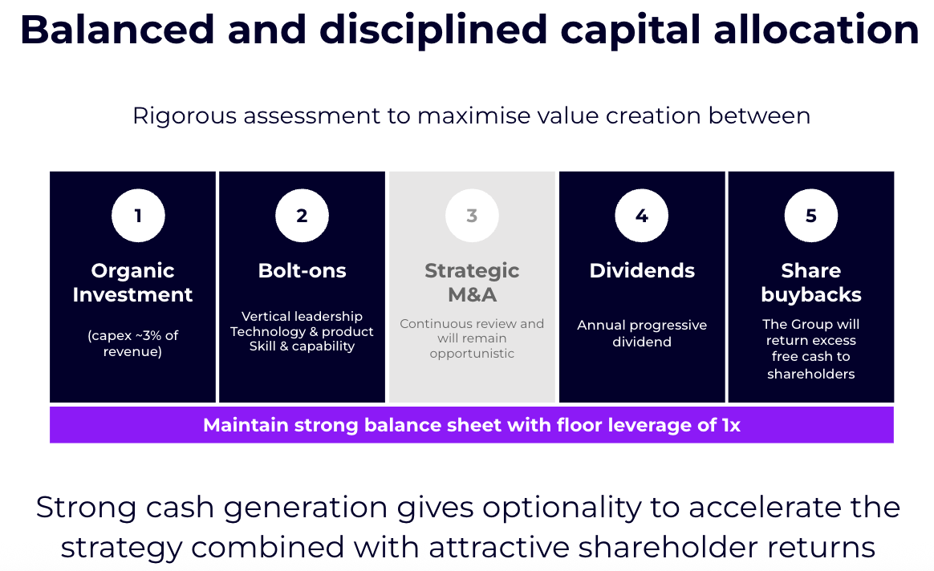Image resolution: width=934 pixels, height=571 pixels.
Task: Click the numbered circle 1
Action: click(138, 216)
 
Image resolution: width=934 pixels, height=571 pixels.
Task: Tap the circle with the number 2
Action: click(302, 216)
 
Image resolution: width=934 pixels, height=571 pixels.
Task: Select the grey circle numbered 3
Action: click(472, 216)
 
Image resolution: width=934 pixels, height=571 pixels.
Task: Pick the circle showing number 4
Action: click(642, 216)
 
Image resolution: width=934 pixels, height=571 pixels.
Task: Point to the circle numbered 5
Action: click(810, 216)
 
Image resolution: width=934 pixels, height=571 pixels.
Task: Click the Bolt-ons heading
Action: click(302, 270)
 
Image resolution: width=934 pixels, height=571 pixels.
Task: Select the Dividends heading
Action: click(642, 270)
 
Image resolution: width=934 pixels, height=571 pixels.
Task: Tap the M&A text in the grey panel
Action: click(472, 295)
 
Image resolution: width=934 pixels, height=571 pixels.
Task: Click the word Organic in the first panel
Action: click(133, 272)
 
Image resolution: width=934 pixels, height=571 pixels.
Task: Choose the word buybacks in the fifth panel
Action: click(811, 295)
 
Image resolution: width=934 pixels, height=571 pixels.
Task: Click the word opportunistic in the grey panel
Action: click(472, 354)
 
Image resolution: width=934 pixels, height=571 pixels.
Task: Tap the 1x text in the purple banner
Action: click(731, 425)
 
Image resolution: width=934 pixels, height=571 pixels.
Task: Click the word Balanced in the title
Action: click(117, 30)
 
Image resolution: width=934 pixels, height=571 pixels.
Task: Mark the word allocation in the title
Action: click(817, 30)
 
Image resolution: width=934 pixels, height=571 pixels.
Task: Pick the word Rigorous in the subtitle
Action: click(185, 116)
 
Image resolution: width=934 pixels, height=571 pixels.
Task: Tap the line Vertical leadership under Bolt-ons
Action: click(302, 316)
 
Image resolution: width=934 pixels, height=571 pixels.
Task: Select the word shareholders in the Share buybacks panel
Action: click(811, 374)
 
